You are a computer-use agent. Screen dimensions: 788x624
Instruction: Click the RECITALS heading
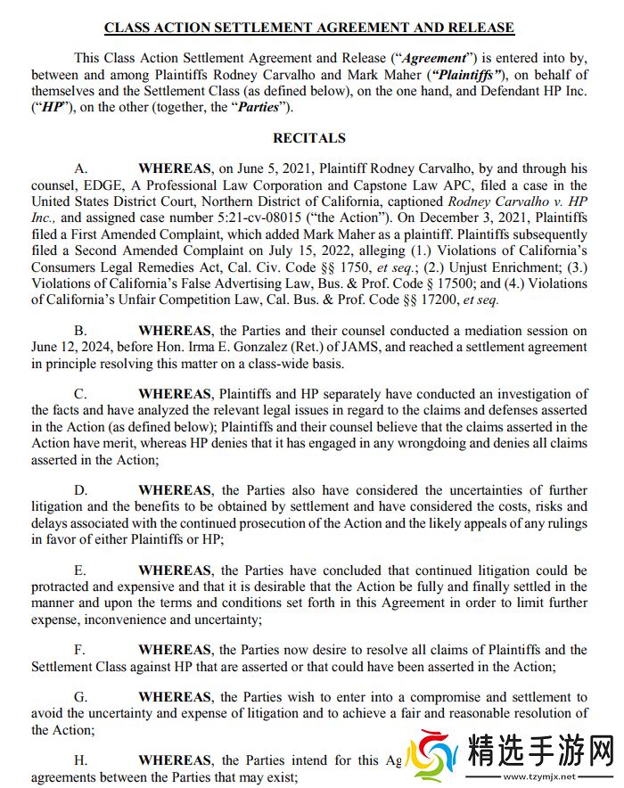309,138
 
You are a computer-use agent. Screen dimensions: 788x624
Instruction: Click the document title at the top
309,28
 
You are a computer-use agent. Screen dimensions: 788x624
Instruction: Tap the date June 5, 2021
270,168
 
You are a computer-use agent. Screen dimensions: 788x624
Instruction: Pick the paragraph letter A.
80,168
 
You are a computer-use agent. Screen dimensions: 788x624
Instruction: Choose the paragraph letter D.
80,490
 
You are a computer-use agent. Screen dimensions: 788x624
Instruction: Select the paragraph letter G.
80,697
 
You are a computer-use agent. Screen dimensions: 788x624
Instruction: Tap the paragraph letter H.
80,760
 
